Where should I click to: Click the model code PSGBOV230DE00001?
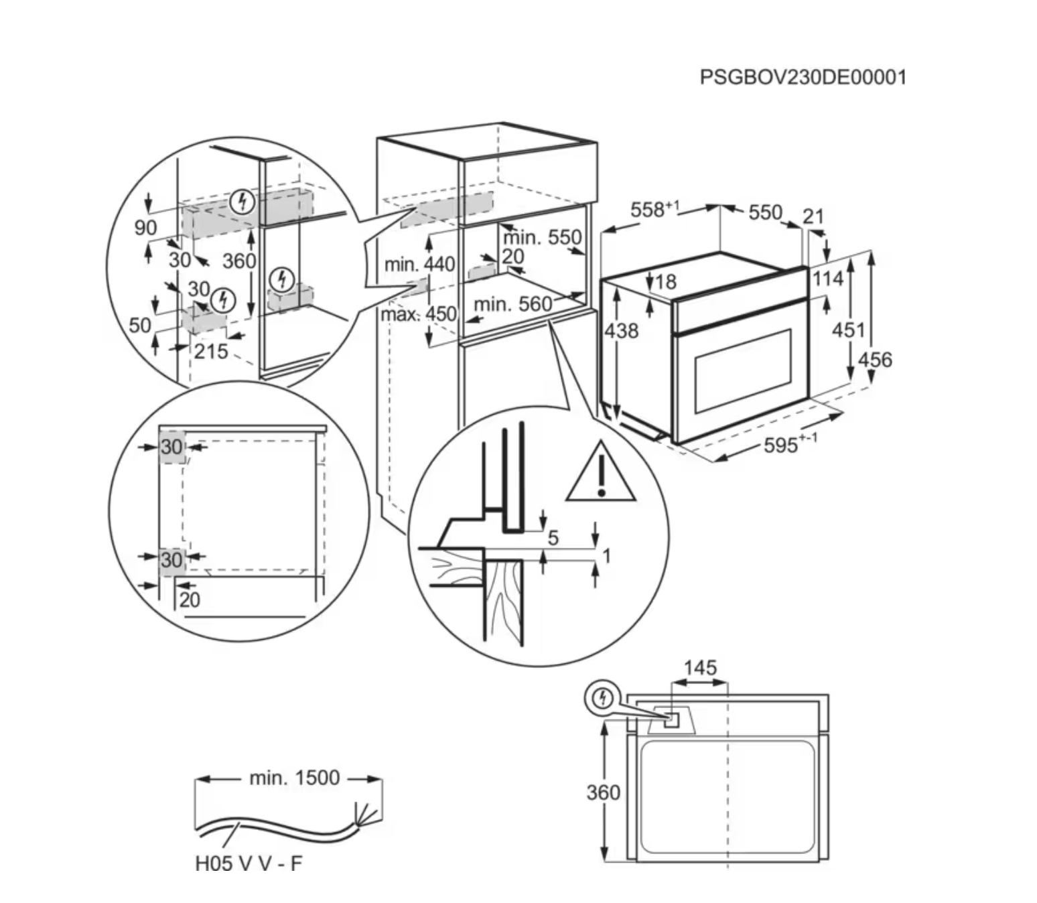(803, 77)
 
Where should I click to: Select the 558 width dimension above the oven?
(653, 210)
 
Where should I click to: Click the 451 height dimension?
(848, 330)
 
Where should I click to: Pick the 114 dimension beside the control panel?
(828, 279)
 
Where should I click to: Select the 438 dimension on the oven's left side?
(622, 330)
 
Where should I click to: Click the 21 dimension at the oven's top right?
(813, 216)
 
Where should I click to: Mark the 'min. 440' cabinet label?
(419, 264)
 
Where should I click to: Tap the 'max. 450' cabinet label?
(419, 314)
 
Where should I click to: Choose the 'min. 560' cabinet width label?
(512, 305)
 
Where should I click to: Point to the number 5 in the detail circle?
(553, 537)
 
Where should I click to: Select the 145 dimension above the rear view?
(700, 668)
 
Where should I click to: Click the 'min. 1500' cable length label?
(294, 778)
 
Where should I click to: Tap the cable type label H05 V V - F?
(249, 863)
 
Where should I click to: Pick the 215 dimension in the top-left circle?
(211, 350)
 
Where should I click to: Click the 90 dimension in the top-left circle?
(145, 228)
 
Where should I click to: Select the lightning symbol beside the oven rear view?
(604, 699)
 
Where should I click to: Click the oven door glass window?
(742, 370)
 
